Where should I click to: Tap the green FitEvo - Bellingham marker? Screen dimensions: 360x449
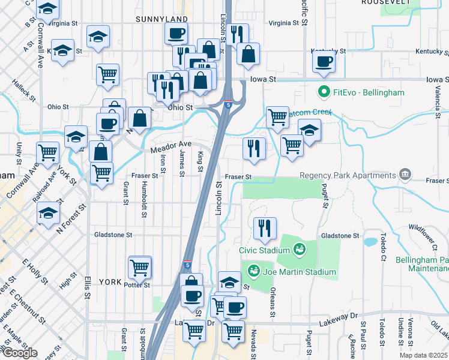pos(324,92)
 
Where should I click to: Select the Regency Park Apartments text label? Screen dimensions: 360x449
pos(348,175)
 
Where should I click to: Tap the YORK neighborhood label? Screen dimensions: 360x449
pos(110,281)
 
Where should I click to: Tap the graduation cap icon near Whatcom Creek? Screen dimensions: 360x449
pos(309,130)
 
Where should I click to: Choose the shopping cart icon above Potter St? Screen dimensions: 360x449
pos(140,266)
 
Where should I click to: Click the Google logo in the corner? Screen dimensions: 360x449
pos(19,353)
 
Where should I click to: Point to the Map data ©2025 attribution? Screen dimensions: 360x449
pos(423,355)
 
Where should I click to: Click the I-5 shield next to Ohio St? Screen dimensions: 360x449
pos(228,104)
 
